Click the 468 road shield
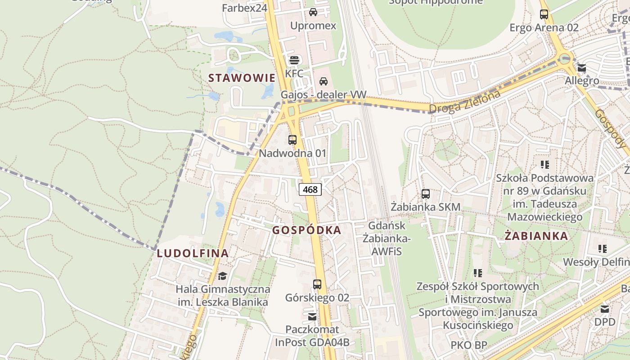(310, 189)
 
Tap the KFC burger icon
(294, 60)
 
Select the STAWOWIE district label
(241, 78)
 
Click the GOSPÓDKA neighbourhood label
(306, 230)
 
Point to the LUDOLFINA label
(193, 253)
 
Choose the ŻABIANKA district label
(536, 236)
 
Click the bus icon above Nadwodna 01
(292, 139)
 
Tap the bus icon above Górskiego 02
(317, 284)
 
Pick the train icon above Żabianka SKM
(425, 194)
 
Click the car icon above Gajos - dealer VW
(323, 81)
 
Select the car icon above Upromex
(313, 12)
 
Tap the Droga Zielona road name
(464, 102)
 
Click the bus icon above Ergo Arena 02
(544, 14)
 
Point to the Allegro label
(582, 81)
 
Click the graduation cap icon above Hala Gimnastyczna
(222, 275)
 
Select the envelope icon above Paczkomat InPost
(312, 317)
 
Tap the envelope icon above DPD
(605, 309)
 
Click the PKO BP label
(469, 345)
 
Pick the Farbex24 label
(245, 8)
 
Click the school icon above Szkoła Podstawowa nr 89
(545, 165)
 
